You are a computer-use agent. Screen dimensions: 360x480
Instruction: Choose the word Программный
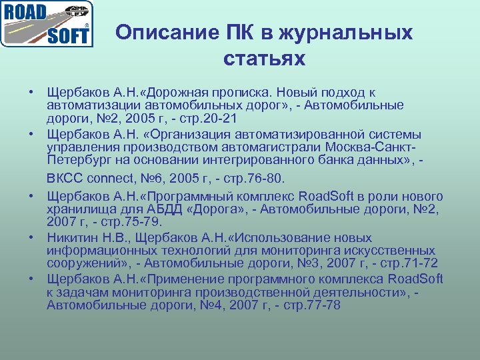pyautogui.click(x=183, y=196)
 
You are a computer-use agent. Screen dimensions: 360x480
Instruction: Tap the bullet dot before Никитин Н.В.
pyautogui.click(x=31, y=236)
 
